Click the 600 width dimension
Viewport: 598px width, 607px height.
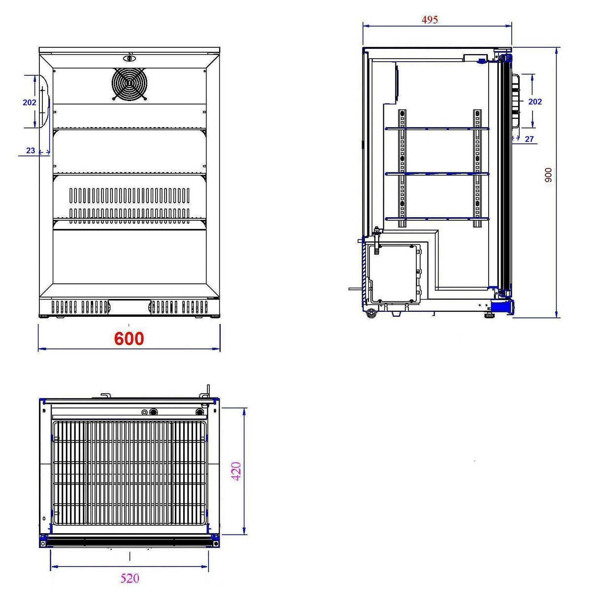click(x=129, y=338)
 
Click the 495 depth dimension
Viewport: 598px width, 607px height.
click(x=430, y=20)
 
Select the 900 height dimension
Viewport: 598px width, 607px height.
click(x=548, y=175)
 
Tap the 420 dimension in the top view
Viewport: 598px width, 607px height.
click(x=236, y=471)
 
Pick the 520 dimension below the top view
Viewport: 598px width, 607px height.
click(x=130, y=578)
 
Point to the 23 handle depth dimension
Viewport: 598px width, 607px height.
click(x=31, y=150)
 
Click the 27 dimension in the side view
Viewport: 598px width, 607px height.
click(x=529, y=139)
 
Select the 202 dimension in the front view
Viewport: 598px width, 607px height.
click(x=30, y=102)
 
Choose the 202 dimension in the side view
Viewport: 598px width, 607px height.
click(x=534, y=101)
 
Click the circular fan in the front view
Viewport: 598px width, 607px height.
click(x=130, y=84)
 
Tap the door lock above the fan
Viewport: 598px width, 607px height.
click(x=129, y=58)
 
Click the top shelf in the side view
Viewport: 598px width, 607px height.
click(x=437, y=129)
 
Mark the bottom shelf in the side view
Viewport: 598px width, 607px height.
click(x=437, y=218)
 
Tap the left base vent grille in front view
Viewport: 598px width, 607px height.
click(x=80, y=307)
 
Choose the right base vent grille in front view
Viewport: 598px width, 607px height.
click(x=179, y=307)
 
